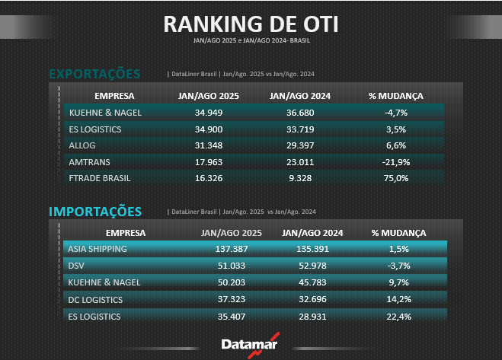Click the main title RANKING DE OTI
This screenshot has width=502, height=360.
(x=251, y=24)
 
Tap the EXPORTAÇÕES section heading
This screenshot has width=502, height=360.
(x=94, y=74)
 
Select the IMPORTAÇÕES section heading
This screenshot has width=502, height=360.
(x=95, y=211)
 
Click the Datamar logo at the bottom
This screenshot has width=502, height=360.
(x=250, y=343)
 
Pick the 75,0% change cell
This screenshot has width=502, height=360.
(x=396, y=178)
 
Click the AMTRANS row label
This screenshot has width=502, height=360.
(x=89, y=161)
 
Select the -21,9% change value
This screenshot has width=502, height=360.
(x=396, y=161)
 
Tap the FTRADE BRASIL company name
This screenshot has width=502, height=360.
(x=100, y=178)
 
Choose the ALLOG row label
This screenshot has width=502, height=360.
(x=82, y=145)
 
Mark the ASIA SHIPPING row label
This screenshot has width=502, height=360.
(x=97, y=249)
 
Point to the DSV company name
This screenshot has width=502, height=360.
(x=76, y=266)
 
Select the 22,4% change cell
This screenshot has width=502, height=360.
(x=398, y=316)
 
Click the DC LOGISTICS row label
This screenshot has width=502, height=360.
(x=95, y=299)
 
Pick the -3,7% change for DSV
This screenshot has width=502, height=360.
(x=398, y=266)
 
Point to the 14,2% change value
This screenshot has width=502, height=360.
(x=398, y=299)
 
